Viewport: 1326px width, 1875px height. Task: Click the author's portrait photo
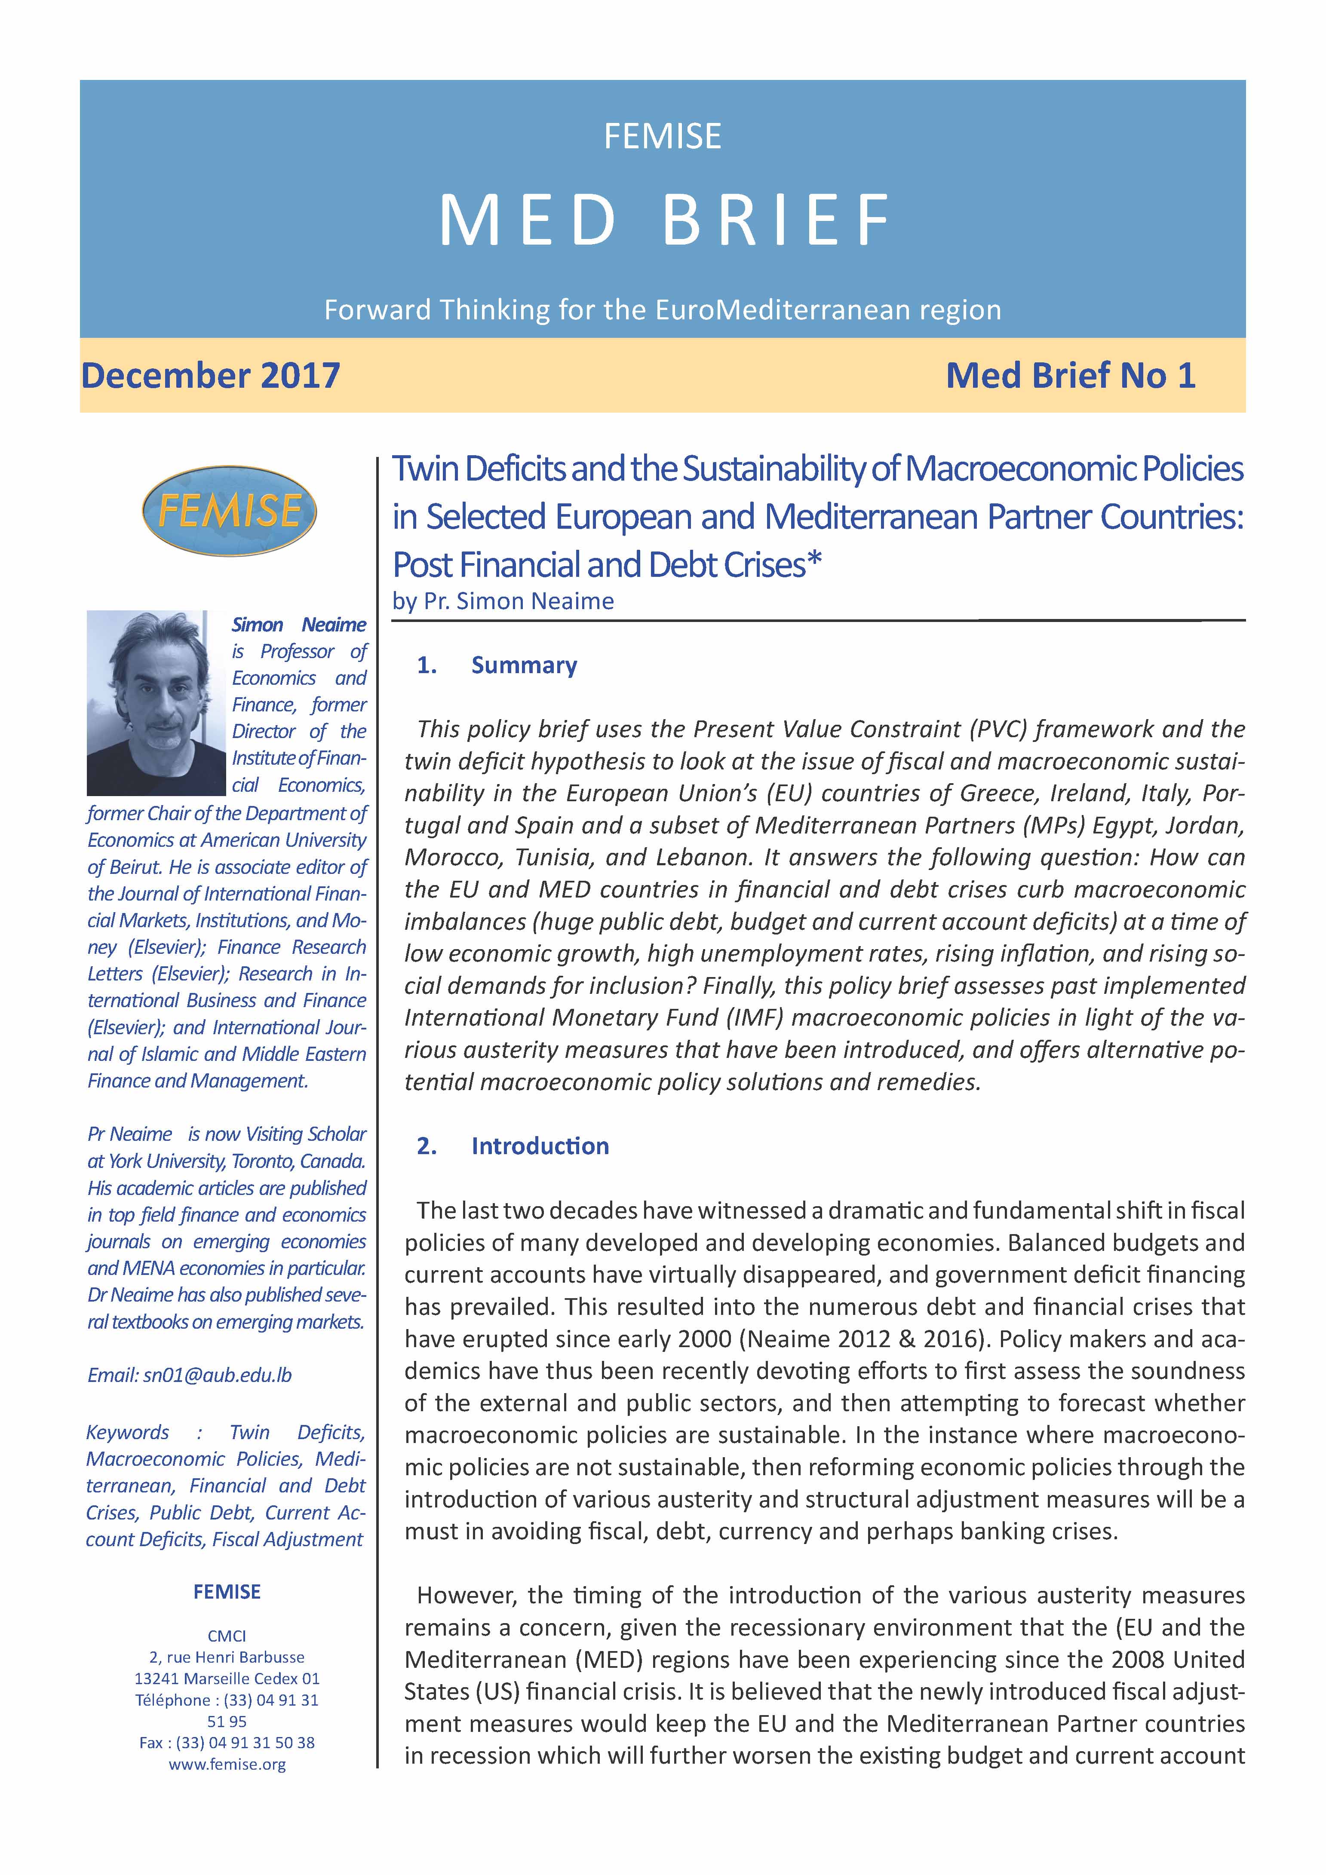pyautogui.click(x=156, y=702)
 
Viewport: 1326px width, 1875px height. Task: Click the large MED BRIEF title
pyautogui.click(x=663, y=221)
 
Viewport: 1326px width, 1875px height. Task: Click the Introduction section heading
pyautogui.click(x=539, y=1146)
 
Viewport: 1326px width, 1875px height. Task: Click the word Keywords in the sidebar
pyautogui.click(x=127, y=1432)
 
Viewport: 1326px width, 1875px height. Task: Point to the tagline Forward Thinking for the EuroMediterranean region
pyautogui.click(x=663, y=310)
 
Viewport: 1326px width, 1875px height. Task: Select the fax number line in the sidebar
pyautogui.click(x=227, y=1743)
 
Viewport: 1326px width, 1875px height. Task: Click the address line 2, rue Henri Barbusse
pyautogui.click(x=227, y=1657)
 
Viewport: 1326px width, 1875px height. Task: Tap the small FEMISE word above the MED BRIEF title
pyautogui.click(x=663, y=136)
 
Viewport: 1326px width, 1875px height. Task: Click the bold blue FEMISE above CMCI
pyautogui.click(x=227, y=1592)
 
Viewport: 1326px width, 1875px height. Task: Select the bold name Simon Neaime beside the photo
pyautogui.click(x=299, y=625)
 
